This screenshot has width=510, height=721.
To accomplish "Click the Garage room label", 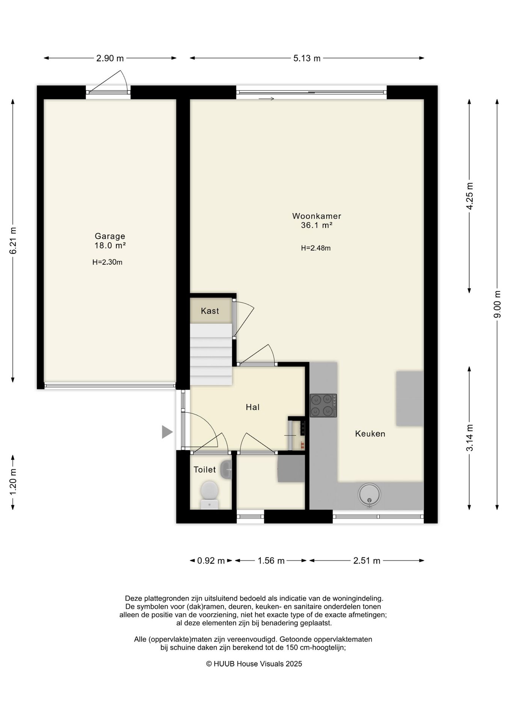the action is (110, 236).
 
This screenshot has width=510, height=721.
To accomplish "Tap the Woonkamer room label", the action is (317, 216).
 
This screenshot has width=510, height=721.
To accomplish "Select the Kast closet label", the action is (210, 311).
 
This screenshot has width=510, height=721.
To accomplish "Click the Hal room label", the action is (253, 407).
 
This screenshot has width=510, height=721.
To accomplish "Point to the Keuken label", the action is (370, 434).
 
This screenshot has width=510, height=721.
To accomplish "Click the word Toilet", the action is (205, 469).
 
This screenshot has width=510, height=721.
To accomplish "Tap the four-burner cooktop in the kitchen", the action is (323, 406).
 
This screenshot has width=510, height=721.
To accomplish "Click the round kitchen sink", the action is (369, 495).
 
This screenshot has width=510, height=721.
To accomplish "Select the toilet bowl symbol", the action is (210, 495).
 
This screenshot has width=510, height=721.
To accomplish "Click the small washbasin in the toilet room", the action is (226, 470).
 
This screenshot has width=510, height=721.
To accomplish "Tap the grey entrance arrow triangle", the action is (167, 432).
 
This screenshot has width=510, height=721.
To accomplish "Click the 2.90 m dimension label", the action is (110, 58).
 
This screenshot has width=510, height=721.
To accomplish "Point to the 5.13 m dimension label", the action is (307, 58).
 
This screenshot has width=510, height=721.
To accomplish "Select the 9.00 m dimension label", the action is (497, 304).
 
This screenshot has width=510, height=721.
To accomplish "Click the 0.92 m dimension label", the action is (211, 561).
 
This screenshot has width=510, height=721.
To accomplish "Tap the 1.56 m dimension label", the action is (271, 561).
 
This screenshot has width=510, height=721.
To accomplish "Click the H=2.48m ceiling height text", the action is (316, 248).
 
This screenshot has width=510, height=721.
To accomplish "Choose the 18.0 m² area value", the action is (110, 246).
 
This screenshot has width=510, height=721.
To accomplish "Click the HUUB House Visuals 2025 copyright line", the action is (254, 664).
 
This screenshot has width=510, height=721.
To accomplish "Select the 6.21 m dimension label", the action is (13, 241).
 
